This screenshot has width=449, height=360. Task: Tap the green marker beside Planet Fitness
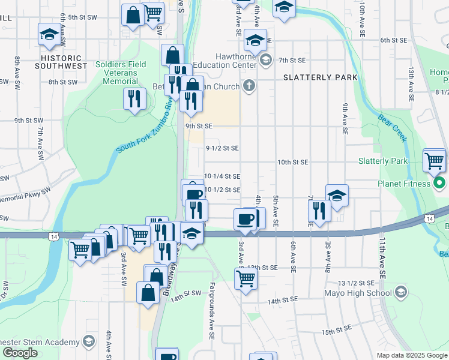(x=439, y=183)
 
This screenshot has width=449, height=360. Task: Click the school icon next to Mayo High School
(x=401, y=293)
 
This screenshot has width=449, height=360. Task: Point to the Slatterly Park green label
(x=382, y=161)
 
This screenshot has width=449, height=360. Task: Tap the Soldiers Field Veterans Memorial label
(x=117, y=73)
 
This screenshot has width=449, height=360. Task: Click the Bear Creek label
(x=393, y=127)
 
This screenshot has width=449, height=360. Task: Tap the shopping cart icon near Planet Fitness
(x=434, y=160)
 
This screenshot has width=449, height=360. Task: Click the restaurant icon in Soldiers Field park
(x=134, y=98)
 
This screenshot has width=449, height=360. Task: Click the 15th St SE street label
(x=336, y=331)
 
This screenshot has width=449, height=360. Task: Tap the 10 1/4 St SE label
(x=222, y=176)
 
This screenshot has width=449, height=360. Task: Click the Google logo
(x=20, y=353)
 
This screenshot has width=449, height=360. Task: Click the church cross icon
(x=250, y=86)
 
